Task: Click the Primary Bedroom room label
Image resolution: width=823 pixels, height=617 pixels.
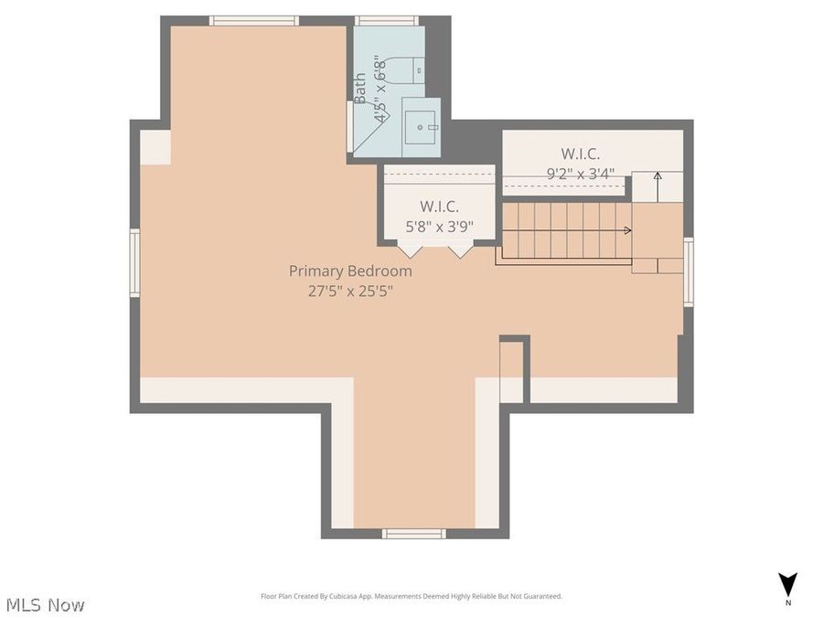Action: [350, 271]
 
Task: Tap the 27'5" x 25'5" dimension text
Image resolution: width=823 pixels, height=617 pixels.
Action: [350, 292]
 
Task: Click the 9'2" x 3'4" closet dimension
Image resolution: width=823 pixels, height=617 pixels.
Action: [581, 173]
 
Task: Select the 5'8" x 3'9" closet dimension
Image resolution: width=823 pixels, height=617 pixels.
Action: [440, 227]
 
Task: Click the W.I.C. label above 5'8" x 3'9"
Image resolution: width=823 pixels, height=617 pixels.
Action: [440, 207]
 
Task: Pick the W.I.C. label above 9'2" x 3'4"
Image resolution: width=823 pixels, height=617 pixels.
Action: [581, 154]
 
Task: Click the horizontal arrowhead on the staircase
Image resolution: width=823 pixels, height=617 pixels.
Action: [627, 231]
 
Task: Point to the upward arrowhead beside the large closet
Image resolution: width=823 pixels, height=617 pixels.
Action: [657, 176]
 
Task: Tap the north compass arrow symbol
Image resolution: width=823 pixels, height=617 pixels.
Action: [787, 583]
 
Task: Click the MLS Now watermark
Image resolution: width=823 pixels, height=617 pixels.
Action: [46, 604]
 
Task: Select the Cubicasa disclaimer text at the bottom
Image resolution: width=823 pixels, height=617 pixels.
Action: [411, 596]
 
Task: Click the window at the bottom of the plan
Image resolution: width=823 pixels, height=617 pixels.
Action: [414, 533]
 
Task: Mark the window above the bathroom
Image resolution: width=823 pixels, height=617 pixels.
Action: [386, 20]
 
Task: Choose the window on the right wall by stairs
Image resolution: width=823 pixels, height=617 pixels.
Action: [689, 271]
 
